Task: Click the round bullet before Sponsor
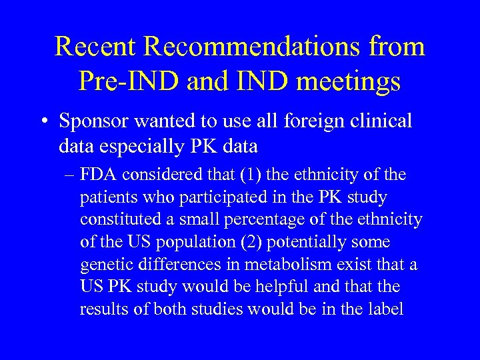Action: [46, 121]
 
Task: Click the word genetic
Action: [105, 265]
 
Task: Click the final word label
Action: [385, 310]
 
